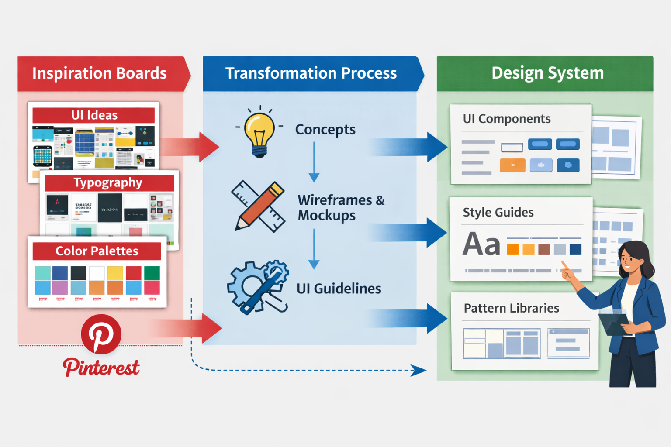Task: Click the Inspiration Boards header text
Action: coord(99,73)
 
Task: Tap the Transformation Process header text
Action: coord(311,73)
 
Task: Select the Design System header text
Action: coord(547,73)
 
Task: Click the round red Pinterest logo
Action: coord(101,334)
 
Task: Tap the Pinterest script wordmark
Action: coord(101,367)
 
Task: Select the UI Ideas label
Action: coord(94,115)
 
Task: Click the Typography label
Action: coord(108,182)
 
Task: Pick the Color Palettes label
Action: coord(97,251)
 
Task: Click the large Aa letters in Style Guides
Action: coord(481,244)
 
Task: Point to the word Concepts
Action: coord(325,130)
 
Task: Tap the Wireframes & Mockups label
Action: coord(340,208)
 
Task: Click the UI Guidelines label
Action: coord(339,289)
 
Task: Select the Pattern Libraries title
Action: coord(511,308)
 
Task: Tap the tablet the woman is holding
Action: coord(614,323)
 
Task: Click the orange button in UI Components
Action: coord(512,165)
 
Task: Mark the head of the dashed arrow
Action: coord(420,371)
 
